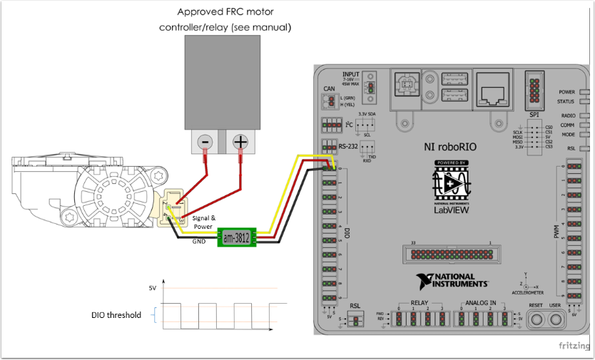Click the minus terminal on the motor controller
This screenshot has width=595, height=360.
(x=204, y=143)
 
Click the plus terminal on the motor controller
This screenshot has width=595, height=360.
(x=240, y=143)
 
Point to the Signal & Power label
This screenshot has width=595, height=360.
(x=204, y=222)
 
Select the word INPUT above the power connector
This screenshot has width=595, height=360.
(x=351, y=73)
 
